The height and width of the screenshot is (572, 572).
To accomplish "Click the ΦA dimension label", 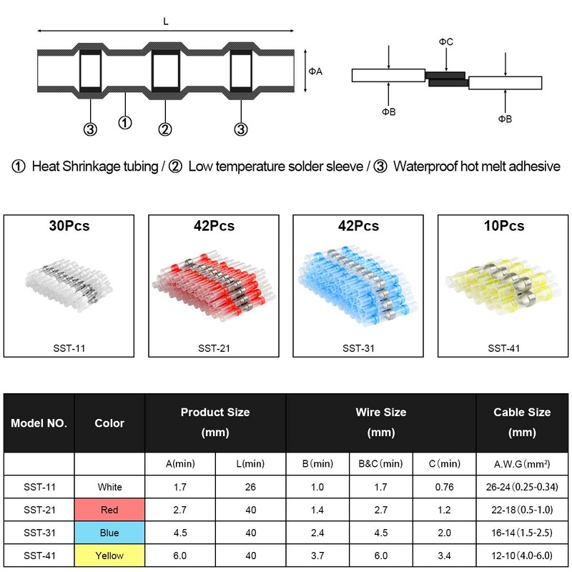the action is coord(315,71).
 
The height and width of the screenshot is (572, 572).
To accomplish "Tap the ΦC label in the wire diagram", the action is coord(445,42).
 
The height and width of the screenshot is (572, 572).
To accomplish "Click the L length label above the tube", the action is coord(166,21).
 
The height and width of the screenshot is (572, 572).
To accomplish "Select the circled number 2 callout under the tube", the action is coord(165,129).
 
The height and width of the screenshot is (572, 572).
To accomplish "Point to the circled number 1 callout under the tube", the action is coord(125,123).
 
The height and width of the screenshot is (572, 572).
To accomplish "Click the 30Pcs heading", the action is coord(69,226).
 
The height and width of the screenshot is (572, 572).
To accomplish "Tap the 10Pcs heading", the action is coord(504,226).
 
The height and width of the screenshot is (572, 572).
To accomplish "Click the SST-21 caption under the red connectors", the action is coord(214,348).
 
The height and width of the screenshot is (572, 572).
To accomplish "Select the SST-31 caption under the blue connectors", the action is coord(358,348).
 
